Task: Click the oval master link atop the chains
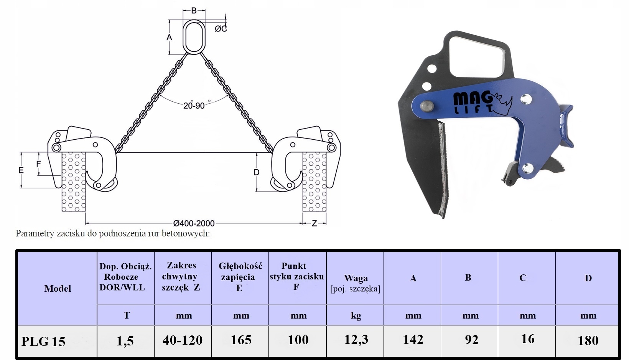coord(183,36)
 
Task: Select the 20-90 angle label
coord(194,106)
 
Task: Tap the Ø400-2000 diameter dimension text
coord(194,223)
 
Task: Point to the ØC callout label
coord(221,29)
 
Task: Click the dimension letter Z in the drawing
coord(314,223)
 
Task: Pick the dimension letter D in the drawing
coord(256,172)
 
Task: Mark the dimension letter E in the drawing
coord(21,170)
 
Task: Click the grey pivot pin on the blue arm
coord(427,106)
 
